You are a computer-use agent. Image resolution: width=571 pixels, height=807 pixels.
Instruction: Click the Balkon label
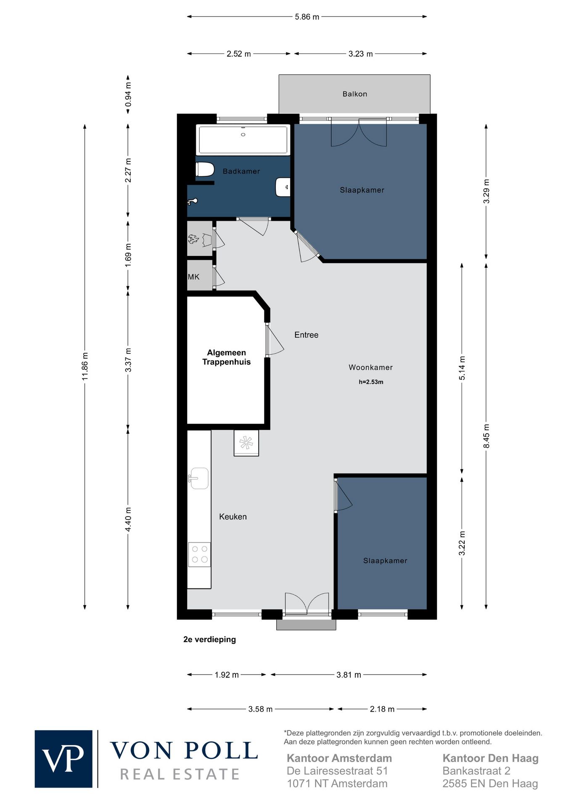(354, 94)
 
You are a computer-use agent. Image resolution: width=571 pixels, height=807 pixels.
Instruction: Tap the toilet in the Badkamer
(204, 169)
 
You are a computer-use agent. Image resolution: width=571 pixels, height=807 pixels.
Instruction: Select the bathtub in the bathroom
(243, 140)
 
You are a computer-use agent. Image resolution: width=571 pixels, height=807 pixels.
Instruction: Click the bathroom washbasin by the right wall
(283, 187)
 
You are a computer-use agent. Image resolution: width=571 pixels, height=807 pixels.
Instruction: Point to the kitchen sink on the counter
(198, 478)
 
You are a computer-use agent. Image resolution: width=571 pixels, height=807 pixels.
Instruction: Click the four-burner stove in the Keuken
(199, 554)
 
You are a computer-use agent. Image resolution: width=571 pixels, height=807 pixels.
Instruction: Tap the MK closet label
(193, 277)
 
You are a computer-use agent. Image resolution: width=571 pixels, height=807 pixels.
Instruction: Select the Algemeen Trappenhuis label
(226, 357)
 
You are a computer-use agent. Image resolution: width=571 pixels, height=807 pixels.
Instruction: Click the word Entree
(306, 335)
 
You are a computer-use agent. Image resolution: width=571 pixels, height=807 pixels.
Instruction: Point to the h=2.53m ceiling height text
(371, 382)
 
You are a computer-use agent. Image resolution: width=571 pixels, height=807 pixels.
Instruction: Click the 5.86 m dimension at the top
(307, 17)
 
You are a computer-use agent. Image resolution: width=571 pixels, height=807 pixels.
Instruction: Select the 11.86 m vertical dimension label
(85, 365)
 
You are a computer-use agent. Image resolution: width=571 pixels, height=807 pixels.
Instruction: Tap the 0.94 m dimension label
(128, 95)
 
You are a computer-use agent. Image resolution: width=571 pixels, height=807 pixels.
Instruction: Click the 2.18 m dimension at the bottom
(382, 709)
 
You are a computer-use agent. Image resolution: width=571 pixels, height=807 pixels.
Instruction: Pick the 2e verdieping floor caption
(209, 639)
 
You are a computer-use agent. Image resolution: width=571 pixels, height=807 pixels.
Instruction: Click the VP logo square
(63, 759)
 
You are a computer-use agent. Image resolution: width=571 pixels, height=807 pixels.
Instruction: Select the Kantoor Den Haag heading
(490, 758)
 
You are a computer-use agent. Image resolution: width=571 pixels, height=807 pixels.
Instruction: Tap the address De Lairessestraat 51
(337, 771)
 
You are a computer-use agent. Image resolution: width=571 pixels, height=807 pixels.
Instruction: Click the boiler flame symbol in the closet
(193, 240)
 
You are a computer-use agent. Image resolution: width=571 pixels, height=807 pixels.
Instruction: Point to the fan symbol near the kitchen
(246, 443)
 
